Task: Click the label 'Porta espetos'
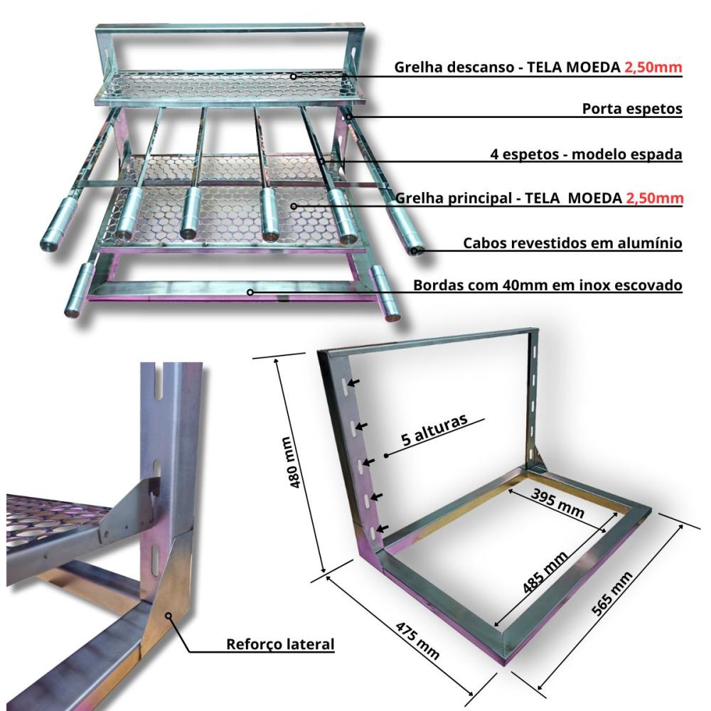pyautogui.click(x=632, y=109)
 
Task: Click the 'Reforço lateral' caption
pyautogui.click(x=279, y=645)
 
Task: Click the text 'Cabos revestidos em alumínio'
pyautogui.click(x=572, y=243)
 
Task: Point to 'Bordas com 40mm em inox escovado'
pyautogui.click(x=548, y=285)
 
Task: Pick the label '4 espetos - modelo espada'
pyautogui.click(x=586, y=154)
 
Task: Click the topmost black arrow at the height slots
pyautogui.click(x=353, y=384)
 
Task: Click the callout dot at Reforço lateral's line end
pyautogui.click(x=169, y=616)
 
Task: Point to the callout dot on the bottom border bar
pyautogui.click(x=250, y=292)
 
